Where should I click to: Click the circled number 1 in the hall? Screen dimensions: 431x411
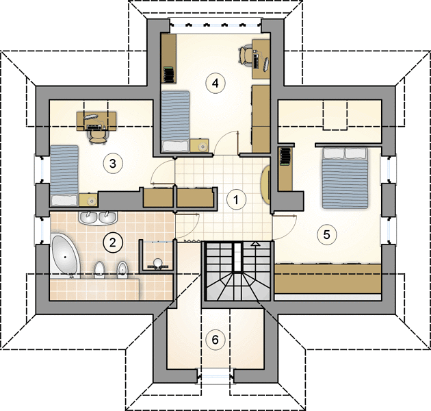tap(236, 199)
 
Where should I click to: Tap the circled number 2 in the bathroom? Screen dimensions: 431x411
tap(113, 242)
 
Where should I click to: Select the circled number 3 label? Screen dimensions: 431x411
tap(113, 164)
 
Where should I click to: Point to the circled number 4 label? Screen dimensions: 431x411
tap(215, 83)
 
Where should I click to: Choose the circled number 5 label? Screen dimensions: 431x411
tap(326, 234)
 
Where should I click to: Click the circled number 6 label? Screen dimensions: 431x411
tap(215, 340)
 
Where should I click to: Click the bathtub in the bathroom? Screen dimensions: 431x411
tap(65, 256)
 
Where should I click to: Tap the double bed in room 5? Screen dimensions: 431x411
tap(345, 178)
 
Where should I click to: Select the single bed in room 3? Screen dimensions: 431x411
tap(64, 175)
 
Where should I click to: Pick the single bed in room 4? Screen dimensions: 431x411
tap(175, 121)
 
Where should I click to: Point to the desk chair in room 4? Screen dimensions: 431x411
tap(246, 55)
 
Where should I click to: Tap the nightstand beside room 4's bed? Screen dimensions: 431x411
tap(200, 146)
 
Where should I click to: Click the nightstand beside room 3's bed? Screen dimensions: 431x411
tap(88, 200)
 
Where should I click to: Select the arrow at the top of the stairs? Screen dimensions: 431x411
tap(256, 244)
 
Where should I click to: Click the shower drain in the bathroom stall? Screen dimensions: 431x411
tap(157, 262)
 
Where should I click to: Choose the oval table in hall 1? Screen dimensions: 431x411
tap(265, 184)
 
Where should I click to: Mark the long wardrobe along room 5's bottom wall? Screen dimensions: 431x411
tap(328, 279)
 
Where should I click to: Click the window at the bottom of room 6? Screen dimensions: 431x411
tap(215, 376)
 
